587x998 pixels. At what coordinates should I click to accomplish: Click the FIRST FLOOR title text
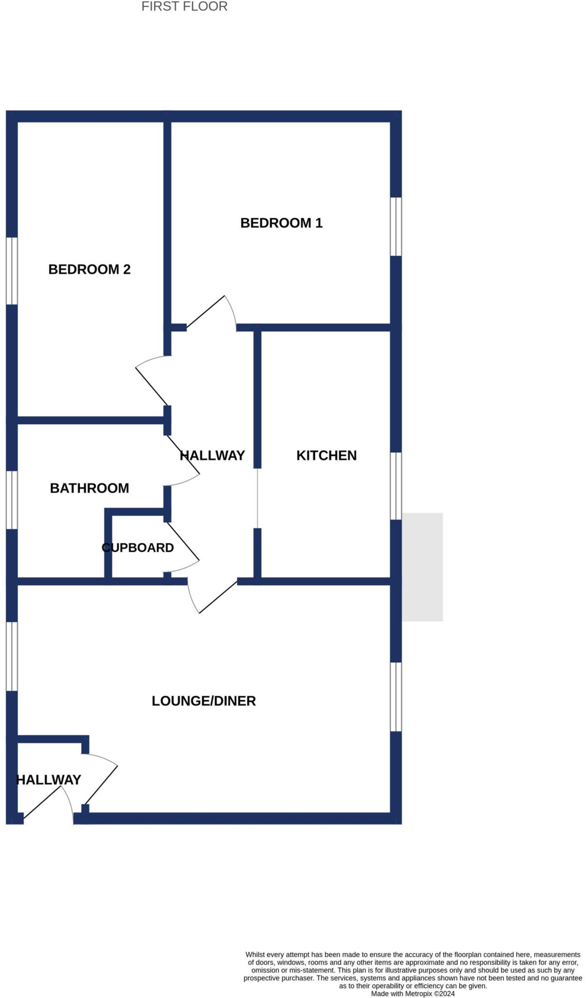pos(184,7)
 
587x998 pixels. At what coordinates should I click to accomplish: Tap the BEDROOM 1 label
pos(281,223)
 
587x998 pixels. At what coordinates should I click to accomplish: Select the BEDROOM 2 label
pos(89,269)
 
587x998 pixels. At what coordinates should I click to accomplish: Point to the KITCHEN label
pos(326,456)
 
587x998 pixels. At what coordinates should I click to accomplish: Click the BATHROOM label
pos(89,488)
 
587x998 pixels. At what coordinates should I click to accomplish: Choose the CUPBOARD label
pos(137,548)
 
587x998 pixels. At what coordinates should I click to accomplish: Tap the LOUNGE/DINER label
pos(203,701)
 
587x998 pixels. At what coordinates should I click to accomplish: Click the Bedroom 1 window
pos(396,227)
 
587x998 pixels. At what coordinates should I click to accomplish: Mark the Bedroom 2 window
pos(12,271)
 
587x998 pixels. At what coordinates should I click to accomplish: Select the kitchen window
pos(396,486)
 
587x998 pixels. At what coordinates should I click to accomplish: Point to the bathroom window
pos(12,499)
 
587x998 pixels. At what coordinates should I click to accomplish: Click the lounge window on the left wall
pos(12,656)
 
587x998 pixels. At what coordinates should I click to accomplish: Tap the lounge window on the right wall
pos(396,697)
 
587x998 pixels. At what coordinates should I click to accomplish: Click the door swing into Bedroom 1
pos(215,312)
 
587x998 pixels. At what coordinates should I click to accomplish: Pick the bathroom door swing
pos(183,463)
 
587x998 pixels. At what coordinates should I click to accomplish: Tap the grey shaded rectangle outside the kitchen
pos(422,567)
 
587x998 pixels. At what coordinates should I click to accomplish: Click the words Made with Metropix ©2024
pos(412,993)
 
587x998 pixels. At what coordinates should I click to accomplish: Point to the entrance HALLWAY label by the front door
pos(49,780)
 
